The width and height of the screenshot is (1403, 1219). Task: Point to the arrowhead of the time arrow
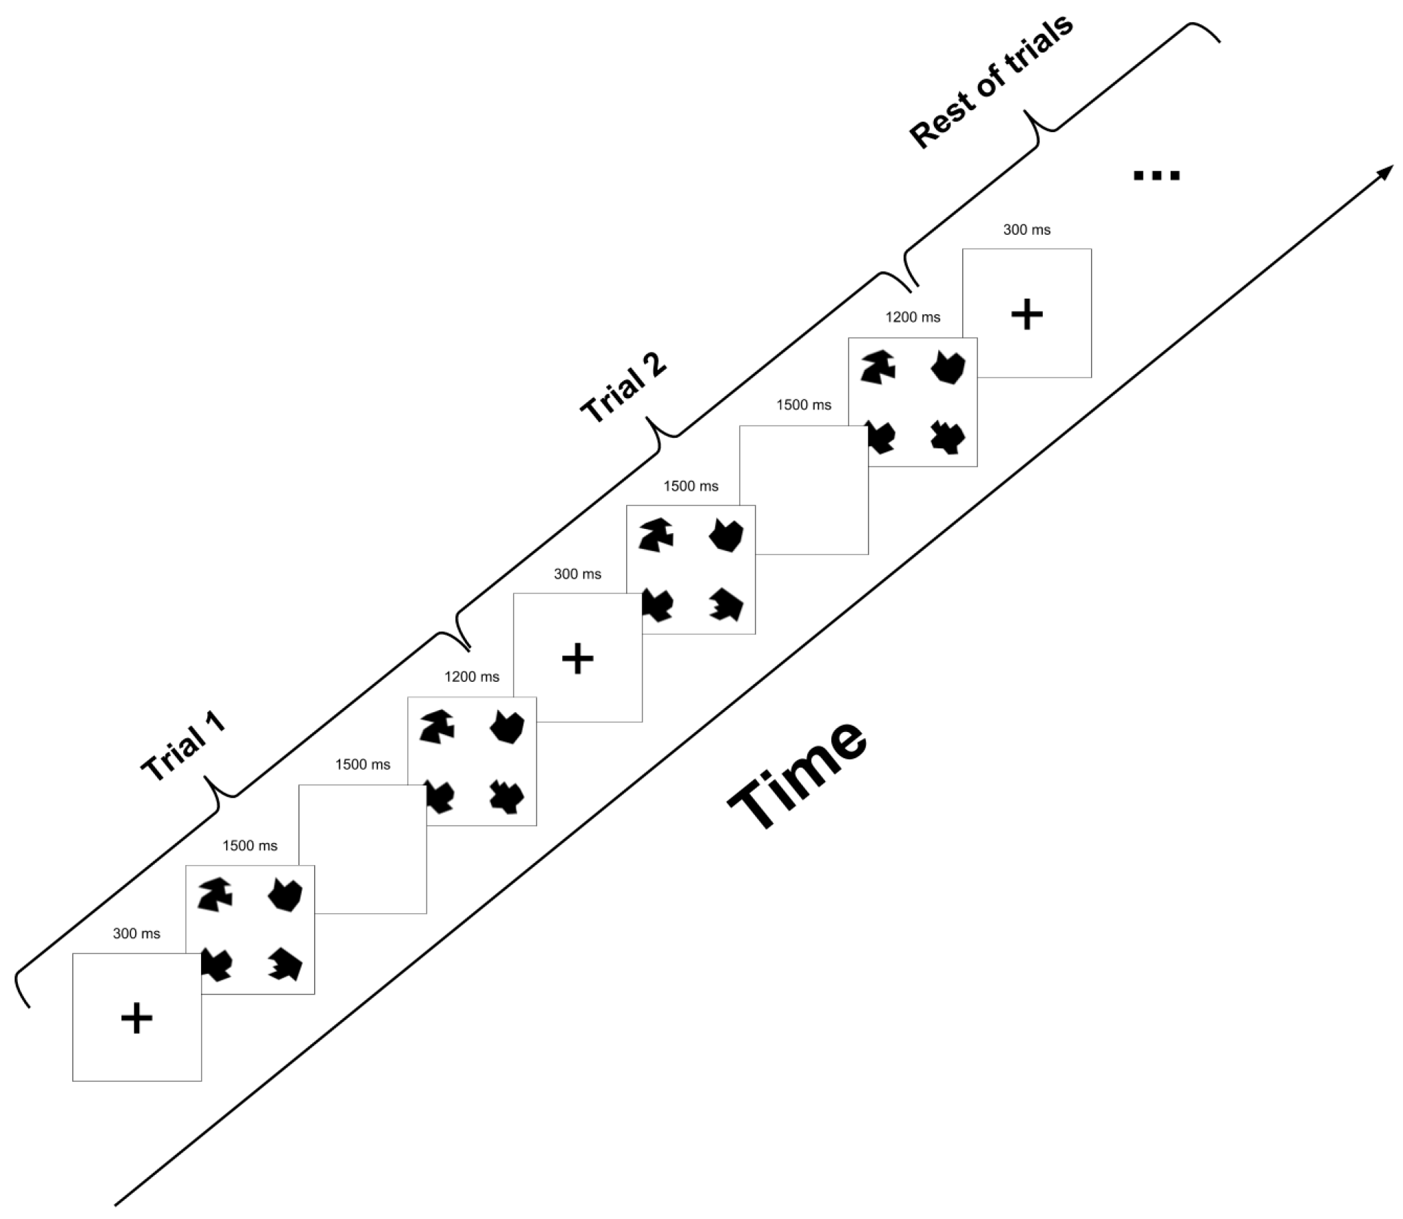click(1385, 171)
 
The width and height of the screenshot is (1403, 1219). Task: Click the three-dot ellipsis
click(1156, 176)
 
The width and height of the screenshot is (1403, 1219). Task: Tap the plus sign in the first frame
click(136, 1018)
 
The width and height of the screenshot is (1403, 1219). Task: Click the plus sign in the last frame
click(1026, 314)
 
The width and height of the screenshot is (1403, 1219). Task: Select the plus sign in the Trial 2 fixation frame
click(577, 658)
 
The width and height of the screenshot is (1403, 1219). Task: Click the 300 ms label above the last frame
click(1026, 230)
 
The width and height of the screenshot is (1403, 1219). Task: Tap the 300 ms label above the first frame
click(136, 934)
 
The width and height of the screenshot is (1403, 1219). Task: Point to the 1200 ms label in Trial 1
click(472, 677)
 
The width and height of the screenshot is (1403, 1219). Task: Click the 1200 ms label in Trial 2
click(913, 317)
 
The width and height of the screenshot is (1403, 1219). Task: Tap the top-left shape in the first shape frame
click(216, 895)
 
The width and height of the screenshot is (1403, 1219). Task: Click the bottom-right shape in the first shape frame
click(285, 963)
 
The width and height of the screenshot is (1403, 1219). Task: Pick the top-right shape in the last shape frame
click(948, 366)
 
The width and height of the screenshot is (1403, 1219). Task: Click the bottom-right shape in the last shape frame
click(948, 437)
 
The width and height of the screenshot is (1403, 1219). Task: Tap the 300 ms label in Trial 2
click(577, 574)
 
